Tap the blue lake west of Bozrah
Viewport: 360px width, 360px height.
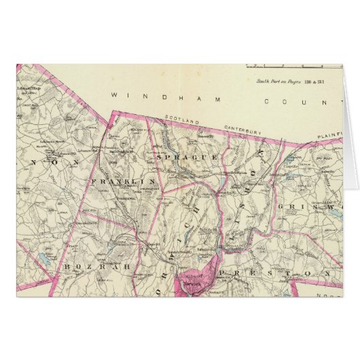42,257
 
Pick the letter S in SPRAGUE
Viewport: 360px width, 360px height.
158,158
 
